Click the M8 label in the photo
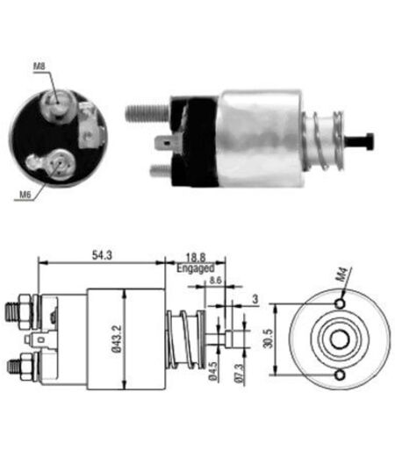click(39, 66)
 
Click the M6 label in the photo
click(25, 195)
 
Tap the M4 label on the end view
click(344, 275)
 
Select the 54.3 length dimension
click(102, 255)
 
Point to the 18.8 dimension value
click(196, 258)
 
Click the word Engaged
click(196, 268)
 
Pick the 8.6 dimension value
click(215, 281)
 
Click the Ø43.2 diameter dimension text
click(118, 339)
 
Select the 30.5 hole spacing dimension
click(268, 339)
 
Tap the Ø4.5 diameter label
click(213, 371)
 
